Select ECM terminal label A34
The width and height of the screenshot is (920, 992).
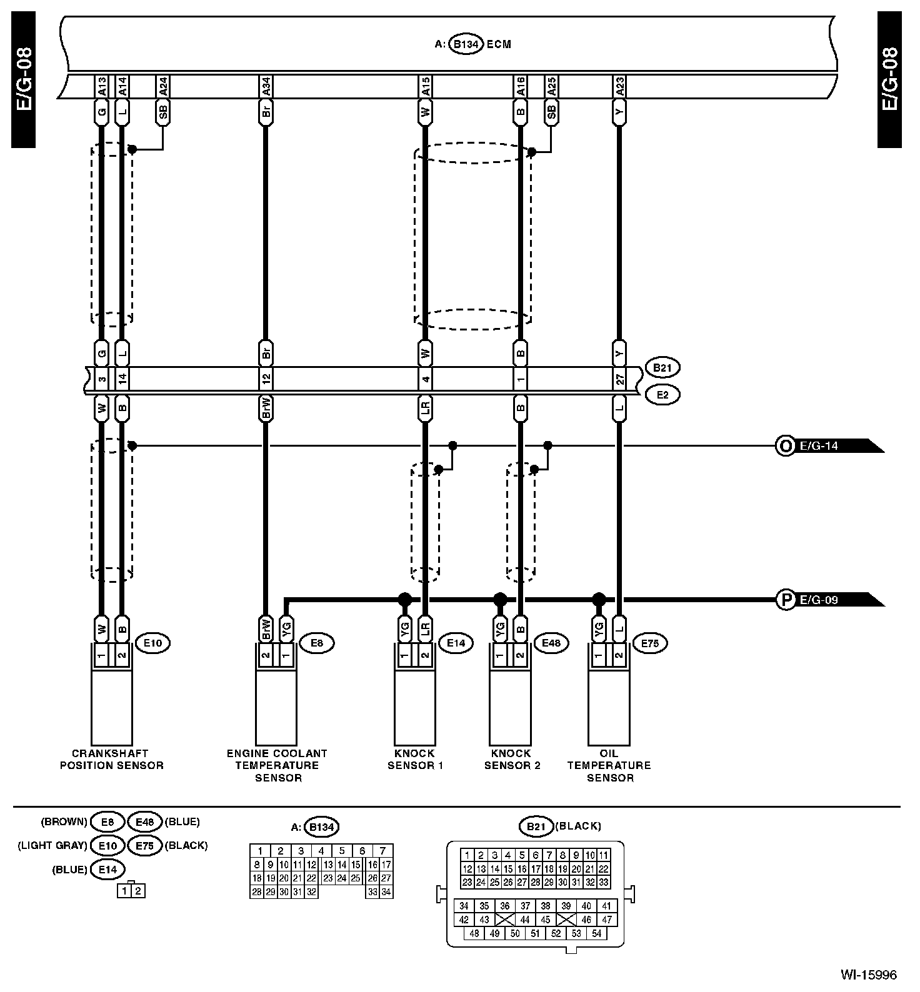pyautogui.click(x=266, y=87)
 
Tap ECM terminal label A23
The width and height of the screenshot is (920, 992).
pyautogui.click(x=619, y=87)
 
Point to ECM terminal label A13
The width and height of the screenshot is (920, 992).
pyautogui.click(x=101, y=87)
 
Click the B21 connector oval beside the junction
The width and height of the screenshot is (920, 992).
pyautogui.click(x=662, y=368)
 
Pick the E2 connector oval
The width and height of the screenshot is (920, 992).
pyautogui.click(x=662, y=395)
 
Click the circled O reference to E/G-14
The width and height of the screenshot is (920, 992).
pyautogui.click(x=783, y=446)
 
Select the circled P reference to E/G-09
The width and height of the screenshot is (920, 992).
pyautogui.click(x=784, y=600)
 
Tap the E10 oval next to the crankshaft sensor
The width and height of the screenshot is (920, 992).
pyautogui.click(x=152, y=643)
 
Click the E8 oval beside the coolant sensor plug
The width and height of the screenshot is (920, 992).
pyautogui.click(x=317, y=643)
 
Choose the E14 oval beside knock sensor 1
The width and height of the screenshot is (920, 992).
pyautogui.click(x=456, y=643)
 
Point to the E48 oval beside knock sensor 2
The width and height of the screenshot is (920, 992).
pyautogui.click(x=551, y=643)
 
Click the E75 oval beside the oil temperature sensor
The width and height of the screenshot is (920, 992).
pyautogui.click(x=650, y=643)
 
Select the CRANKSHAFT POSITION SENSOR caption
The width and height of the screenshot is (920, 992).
pyautogui.click(x=111, y=759)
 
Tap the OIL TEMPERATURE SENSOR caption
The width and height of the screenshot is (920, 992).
pyautogui.click(x=609, y=765)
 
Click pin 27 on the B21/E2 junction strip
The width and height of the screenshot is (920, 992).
pyautogui.click(x=619, y=380)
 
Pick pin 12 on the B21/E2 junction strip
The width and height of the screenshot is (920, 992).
pyautogui.click(x=266, y=380)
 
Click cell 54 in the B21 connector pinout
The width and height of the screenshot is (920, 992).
pyautogui.click(x=596, y=933)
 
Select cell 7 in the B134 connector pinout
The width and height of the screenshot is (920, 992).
pyautogui.click(x=382, y=851)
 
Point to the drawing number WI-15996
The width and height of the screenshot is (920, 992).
pyautogui.click(x=868, y=974)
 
